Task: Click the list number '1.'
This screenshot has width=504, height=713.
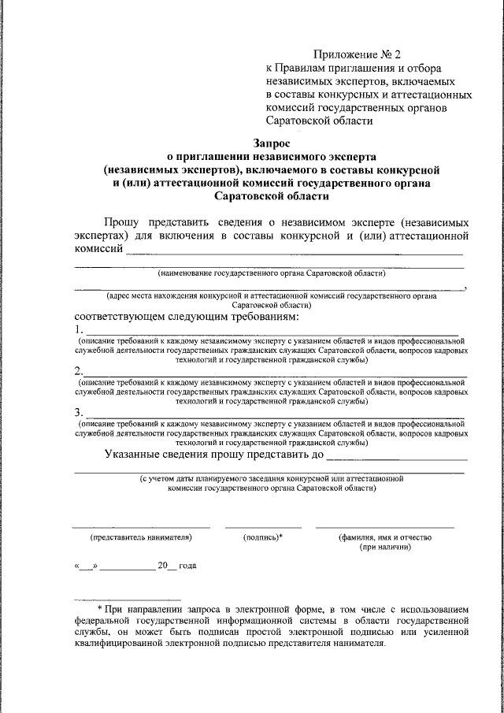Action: point(79,329)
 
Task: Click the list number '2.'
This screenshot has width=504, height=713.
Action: point(79,371)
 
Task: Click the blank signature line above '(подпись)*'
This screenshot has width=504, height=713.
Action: point(263,526)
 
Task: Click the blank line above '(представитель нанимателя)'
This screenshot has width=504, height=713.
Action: point(141,526)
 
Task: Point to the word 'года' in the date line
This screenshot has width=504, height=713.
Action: point(187,566)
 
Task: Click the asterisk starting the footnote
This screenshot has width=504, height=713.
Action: point(100,609)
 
